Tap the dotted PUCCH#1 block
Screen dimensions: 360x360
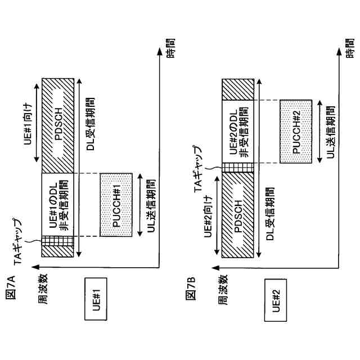(118, 205)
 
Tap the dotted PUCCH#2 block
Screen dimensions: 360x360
(298, 132)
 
